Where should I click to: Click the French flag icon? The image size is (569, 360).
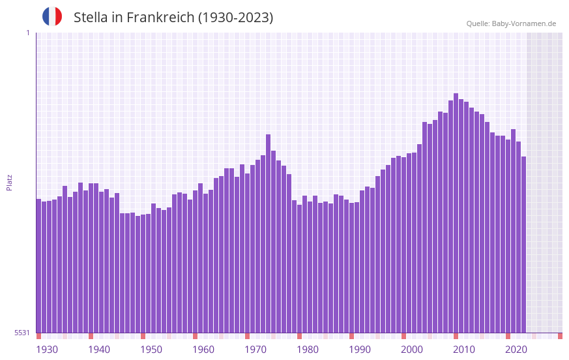point(52,16)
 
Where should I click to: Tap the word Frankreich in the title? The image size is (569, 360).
point(158,18)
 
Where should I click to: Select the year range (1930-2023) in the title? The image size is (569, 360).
point(235,18)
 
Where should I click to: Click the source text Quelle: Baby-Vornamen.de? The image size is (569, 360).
point(511,23)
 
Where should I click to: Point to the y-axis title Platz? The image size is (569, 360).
point(9,182)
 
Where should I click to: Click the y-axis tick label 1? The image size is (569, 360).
point(27,33)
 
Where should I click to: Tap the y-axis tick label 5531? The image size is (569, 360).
point(22,333)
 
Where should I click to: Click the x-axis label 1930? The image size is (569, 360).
point(47,350)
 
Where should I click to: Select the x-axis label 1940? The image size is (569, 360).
point(99,350)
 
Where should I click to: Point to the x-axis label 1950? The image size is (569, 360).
point(151,350)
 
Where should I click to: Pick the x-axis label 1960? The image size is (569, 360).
point(203,350)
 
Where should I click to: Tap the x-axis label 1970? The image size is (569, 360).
point(255,350)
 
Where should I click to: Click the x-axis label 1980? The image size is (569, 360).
point(308,350)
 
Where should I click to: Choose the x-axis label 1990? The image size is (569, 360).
point(360,350)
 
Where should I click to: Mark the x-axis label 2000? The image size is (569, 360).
point(412,350)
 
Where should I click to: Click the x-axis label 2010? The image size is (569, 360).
point(464,350)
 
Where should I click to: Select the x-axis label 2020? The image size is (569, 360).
point(516,350)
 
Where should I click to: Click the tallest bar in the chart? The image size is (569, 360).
point(456,215)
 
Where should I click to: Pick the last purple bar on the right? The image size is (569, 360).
point(523,248)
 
